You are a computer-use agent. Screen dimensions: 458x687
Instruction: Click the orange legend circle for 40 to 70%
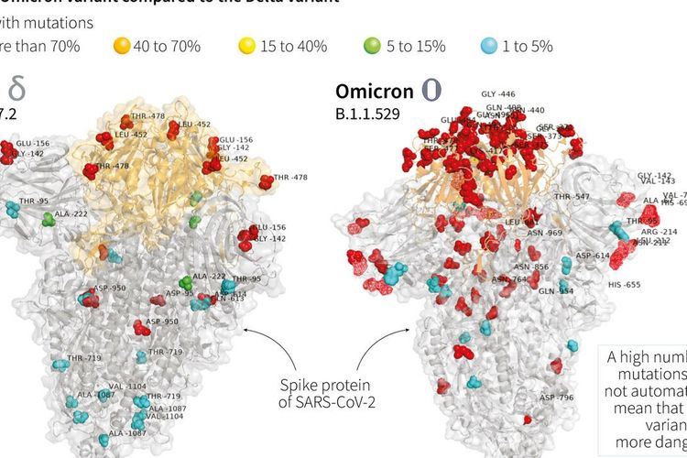tap(122, 45)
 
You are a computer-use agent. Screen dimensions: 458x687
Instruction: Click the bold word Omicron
tap(373, 92)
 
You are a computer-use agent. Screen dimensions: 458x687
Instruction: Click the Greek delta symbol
tap(16, 89)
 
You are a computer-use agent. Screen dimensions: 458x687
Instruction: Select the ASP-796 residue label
tap(556, 398)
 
